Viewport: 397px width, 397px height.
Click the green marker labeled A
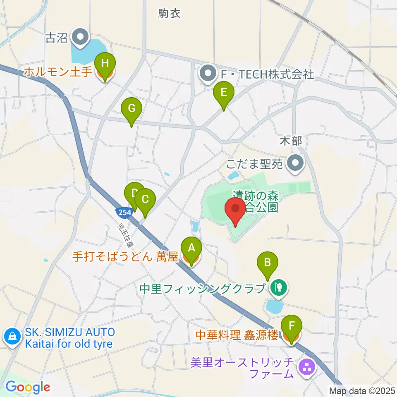point(191,249)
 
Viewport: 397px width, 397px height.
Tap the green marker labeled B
point(268,263)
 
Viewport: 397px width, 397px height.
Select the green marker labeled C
point(145,200)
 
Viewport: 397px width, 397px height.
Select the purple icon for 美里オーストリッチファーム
point(307,366)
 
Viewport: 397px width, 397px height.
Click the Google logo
point(28,387)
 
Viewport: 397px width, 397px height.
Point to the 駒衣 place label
point(170,14)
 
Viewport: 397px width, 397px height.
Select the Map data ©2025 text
point(362,390)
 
